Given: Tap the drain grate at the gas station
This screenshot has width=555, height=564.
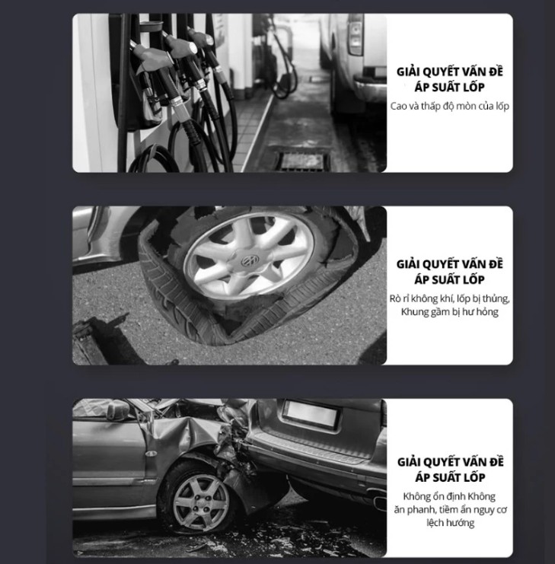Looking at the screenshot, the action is click(305, 161).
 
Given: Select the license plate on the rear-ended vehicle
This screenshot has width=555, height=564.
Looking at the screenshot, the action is click(311, 413).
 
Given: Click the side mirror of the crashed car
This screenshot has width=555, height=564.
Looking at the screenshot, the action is click(118, 408).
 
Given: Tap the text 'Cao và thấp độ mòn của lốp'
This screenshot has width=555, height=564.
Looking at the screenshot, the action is click(450, 106).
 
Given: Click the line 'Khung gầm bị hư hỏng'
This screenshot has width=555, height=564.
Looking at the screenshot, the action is click(450, 311).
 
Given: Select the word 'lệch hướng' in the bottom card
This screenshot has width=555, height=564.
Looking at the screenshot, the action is click(451, 522).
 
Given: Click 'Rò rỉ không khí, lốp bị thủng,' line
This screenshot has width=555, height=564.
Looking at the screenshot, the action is click(450, 298).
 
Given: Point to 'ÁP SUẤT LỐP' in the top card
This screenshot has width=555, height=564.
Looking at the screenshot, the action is click(450, 87).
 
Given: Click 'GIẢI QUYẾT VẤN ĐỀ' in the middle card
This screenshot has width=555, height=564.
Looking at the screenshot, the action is click(450, 264).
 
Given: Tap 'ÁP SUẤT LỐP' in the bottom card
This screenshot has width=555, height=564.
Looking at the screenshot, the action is click(451, 477).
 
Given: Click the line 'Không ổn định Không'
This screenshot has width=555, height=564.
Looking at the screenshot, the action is click(449, 496).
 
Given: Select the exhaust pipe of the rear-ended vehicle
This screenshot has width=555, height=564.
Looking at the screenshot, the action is click(380, 501).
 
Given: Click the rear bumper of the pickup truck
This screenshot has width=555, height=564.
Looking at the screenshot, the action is click(371, 86).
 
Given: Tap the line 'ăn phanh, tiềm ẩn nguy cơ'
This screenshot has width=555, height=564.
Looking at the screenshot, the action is click(451, 509).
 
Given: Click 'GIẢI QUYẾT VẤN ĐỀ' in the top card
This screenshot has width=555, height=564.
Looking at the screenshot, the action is click(450, 72).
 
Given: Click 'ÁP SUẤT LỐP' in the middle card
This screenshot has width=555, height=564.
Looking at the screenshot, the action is click(450, 279).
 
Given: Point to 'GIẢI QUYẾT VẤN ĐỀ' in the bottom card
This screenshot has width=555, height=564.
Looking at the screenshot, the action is click(451, 462).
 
